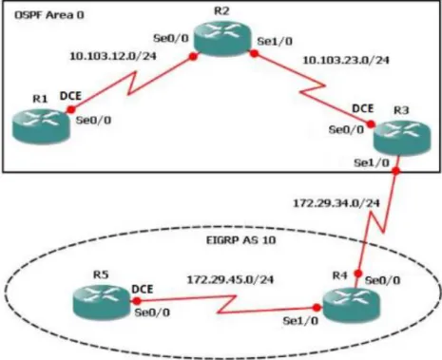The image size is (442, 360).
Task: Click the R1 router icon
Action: pyautogui.click(x=41, y=126)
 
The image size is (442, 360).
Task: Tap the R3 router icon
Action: pyautogui.click(x=402, y=138)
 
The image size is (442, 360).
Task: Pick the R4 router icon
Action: pyautogui.click(x=351, y=305)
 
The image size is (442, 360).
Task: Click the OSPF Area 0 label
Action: pyautogui.click(x=49, y=15)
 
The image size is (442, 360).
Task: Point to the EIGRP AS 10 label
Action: pyautogui.click(x=241, y=240)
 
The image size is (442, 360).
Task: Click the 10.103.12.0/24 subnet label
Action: pyautogui.click(x=113, y=56)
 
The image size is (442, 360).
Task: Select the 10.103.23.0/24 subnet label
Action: pyautogui.click(x=346, y=60)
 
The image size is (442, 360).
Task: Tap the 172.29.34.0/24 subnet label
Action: pyautogui.click(x=336, y=203)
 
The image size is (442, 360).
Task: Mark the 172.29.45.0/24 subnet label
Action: pyautogui.click(x=230, y=279)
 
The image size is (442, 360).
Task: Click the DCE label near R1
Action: pyautogui.click(x=70, y=96)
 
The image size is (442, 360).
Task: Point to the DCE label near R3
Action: pyautogui.click(x=363, y=108)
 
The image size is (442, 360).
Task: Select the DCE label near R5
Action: pyautogui.click(x=143, y=289)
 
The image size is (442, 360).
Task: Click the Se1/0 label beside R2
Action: pyautogui.click(x=275, y=42)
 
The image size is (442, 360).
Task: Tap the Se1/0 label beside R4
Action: pyautogui.click(x=300, y=321)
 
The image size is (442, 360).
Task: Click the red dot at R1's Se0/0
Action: pyautogui.click(x=71, y=109)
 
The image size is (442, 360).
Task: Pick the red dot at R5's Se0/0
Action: pyautogui.click(x=137, y=301)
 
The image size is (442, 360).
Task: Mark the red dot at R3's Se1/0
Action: pyautogui.click(x=396, y=171)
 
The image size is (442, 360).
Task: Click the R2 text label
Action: pyautogui.click(x=221, y=11)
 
